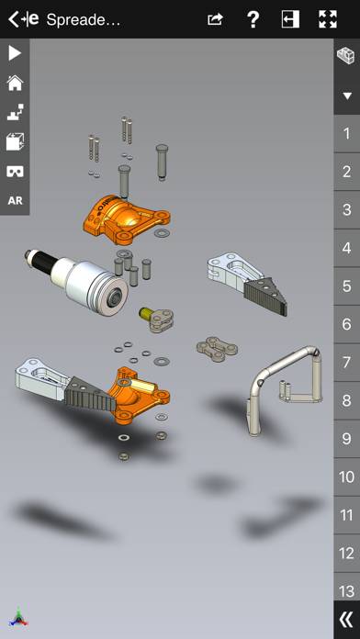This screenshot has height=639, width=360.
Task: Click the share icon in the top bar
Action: tap(215, 19)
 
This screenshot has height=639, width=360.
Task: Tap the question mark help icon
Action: tap(253, 19)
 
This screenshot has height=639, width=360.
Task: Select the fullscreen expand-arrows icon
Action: tap(328, 19)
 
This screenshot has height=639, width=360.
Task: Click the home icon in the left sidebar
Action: tap(15, 83)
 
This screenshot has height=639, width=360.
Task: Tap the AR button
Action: tap(15, 200)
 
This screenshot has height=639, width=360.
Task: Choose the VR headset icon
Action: tap(15, 171)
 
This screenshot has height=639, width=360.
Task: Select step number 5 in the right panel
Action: tap(346, 286)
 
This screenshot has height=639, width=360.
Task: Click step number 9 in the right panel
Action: tap(346, 439)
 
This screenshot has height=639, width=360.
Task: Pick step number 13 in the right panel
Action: tap(346, 590)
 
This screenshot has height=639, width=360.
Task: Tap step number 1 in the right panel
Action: tap(346, 134)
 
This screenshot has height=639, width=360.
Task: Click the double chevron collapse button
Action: tap(345, 619)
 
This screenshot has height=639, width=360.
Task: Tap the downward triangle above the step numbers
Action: tap(346, 95)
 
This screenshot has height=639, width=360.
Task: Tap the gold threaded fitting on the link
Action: tap(145, 314)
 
